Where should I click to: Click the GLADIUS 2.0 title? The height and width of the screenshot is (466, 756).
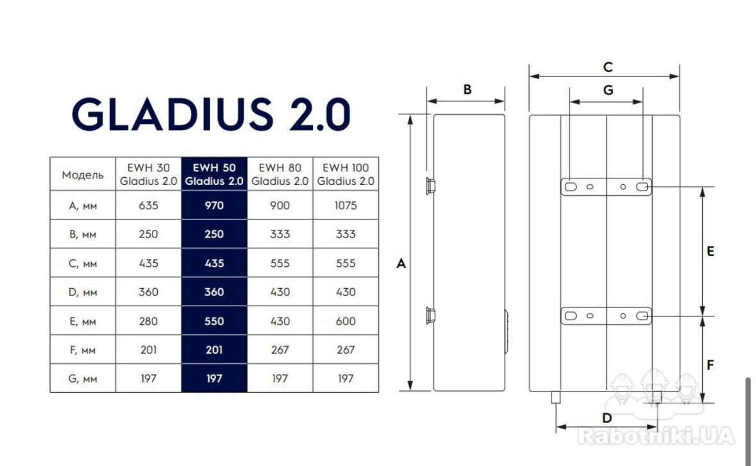click(x=211, y=114)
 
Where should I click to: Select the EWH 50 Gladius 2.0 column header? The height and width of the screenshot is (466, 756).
click(x=214, y=174)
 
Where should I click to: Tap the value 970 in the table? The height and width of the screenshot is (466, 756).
click(x=214, y=205)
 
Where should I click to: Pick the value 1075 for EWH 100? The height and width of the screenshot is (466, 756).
click(x=346, y=205)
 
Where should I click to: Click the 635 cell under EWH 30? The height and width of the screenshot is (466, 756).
click(x=149, y=205)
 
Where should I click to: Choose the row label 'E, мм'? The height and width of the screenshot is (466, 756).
click(x=83, y=322)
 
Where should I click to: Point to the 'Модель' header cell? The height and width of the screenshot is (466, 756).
click(x=83, y=175)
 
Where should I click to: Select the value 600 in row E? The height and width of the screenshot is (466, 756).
click(x=346, y=322)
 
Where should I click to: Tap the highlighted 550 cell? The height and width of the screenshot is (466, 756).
click(x=214, y=322)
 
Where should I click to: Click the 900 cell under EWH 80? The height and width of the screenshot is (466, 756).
click(x=280, y=205)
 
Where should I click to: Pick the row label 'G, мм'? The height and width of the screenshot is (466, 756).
click(x=83, y=379)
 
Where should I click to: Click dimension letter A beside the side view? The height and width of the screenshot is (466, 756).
click(x=401, y=263)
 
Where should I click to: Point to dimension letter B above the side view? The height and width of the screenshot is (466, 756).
click(x=467, y=89)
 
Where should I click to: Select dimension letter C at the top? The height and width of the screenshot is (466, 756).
click(x=608, y=67)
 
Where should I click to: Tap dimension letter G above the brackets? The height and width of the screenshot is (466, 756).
click(x=608, y=91)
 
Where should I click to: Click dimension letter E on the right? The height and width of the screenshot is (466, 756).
click(x=710, y=252)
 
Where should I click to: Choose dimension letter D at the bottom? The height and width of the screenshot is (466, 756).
click(x=607, y=418)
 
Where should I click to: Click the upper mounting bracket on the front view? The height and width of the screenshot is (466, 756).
click(x=606, y=187)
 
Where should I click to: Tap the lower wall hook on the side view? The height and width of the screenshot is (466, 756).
click(x=430, y=316)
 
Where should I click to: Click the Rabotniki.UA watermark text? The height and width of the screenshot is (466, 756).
click(x=656, y=436)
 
